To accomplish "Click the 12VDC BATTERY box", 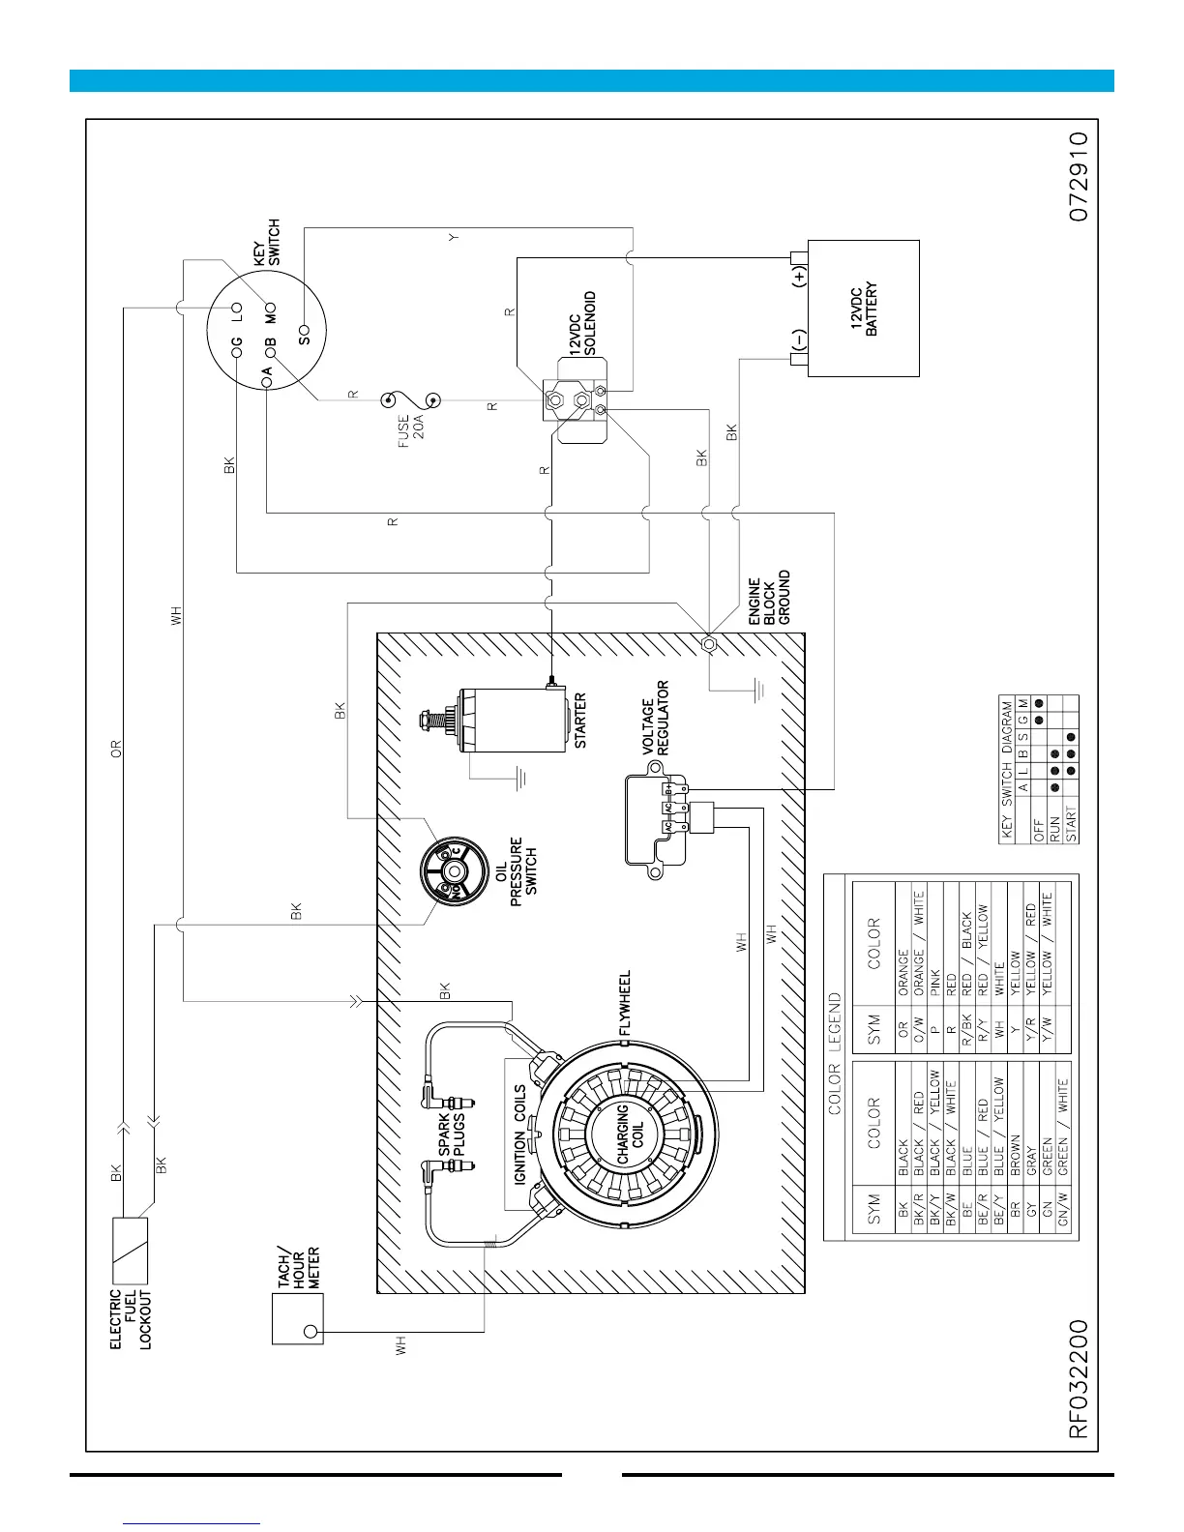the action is (x=863, y=309).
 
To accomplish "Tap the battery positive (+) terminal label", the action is (x=798, y=276).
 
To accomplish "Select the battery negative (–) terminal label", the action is (x=798, y=341).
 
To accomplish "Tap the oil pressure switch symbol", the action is (x=453, y=869).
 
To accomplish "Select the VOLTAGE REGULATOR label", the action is (x=655, y=718).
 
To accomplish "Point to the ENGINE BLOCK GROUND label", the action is (x=770, y=597).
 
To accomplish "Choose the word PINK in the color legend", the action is (x=934, y=984).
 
